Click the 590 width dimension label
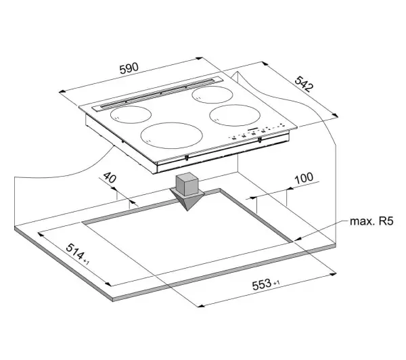129,68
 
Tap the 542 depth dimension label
304,84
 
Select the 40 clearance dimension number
110,177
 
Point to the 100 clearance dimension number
304,178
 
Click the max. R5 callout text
371,221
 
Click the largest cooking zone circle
172,135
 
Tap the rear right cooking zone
212,95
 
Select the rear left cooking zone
131,114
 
